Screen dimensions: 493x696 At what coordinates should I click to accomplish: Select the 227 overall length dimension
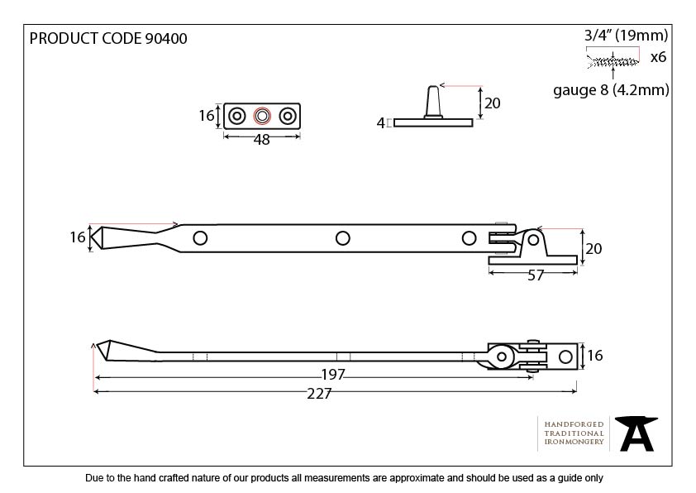[x=319, y=394]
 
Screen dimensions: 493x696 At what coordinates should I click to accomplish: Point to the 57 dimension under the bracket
[x=536, y=275]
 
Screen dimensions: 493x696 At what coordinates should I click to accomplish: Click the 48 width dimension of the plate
[x=261, y=140]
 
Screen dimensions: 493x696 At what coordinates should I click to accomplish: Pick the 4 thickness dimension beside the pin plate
[x=381, y=123]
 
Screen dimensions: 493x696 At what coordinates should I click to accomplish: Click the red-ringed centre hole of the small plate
[x=262, y=116]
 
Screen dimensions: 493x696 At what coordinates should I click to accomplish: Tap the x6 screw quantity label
[x=658, y=57]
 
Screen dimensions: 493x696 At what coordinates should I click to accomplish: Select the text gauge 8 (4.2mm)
[x=611, y=90]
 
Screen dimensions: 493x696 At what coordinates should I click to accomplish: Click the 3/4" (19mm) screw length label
[x=626, y=35]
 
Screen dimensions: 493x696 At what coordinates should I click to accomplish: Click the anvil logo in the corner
[x=637, y=433]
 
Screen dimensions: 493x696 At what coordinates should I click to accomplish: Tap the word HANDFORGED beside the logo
[x=574, y=424]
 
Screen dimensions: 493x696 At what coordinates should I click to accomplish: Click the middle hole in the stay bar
[x=342, y=238]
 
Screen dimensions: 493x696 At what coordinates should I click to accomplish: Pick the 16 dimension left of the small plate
[x=207, y=116]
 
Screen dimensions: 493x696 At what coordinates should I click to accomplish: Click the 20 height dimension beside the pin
[x=493, y=103]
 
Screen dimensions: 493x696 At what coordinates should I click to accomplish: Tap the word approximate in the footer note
[x=409, y=478]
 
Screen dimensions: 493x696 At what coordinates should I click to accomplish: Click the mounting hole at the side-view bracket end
[x=565, y=357]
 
